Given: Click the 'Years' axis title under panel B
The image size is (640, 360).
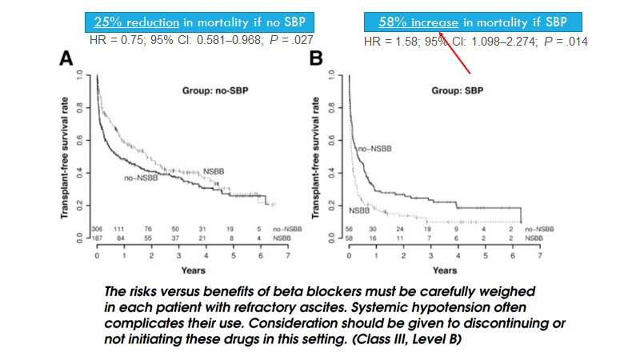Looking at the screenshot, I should (444, 270).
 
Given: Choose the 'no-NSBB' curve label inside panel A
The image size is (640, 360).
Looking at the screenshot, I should (140, 177).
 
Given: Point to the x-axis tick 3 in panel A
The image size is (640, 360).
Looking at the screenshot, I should (178, 256).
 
